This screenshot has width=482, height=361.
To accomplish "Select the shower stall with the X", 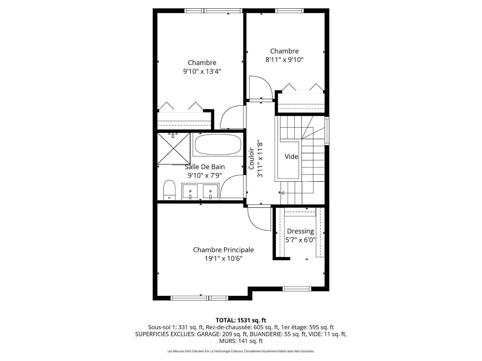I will (174, 148).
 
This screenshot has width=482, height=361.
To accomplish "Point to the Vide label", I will (291, 157).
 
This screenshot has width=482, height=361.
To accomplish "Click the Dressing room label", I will (300, 231).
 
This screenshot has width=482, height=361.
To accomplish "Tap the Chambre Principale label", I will (223, 250).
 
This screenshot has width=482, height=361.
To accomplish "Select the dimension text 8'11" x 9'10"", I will (284, 60).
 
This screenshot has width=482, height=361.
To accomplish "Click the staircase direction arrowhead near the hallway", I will (282, 193).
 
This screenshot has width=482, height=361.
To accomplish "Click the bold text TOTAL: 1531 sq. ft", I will (241, 320).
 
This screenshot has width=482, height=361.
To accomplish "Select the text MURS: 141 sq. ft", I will (241, 341).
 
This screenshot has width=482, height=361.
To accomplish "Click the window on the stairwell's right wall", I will (327, 131).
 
